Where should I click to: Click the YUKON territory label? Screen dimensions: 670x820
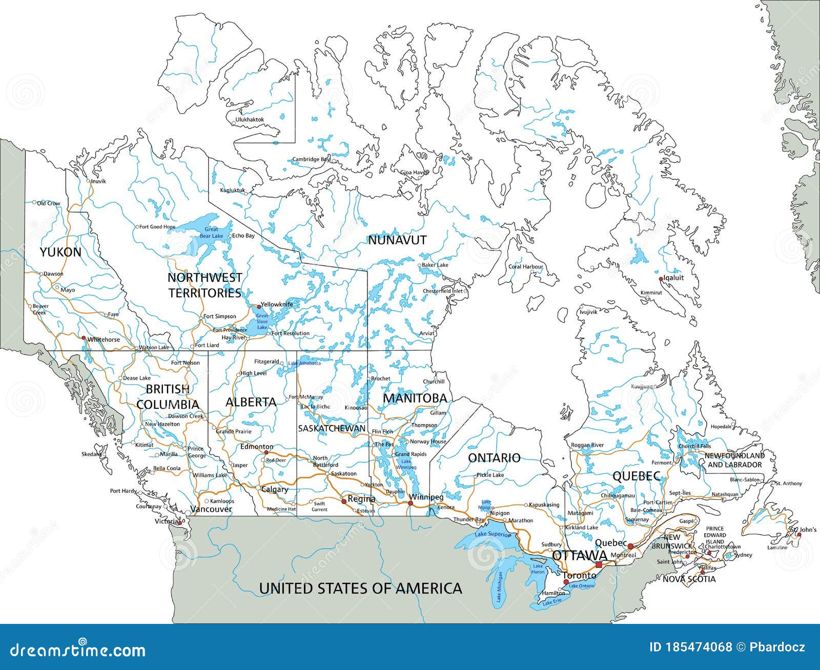click(60, 252)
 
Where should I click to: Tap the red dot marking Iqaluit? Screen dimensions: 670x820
click(661, 279)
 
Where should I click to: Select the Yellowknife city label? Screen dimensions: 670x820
click(277, 304)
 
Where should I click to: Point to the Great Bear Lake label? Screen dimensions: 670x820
click(211, 233)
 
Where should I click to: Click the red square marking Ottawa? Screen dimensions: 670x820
click(599, 564)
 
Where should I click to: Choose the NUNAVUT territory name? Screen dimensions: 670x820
click(397, 240)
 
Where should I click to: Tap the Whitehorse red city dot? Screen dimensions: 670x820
click(83, 338)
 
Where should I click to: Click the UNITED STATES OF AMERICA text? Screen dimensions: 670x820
click(360, 588)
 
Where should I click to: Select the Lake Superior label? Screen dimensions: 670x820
click(493, 535)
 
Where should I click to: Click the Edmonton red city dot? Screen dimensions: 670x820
click(266, 453)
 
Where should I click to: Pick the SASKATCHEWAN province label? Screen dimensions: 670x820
click(332, 428)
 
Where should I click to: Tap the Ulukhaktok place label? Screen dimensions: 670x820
click(249, 119)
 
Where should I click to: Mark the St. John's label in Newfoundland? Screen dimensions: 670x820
click(803, 529)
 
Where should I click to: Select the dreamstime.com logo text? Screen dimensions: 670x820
click(73, 651)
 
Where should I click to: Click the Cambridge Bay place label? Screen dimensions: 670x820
click(311, 159)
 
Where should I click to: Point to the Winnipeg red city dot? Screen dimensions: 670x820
click(411, 504)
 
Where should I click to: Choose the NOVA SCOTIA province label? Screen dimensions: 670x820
click(689, 579)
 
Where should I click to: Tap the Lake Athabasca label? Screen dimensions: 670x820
click(304, 363)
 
